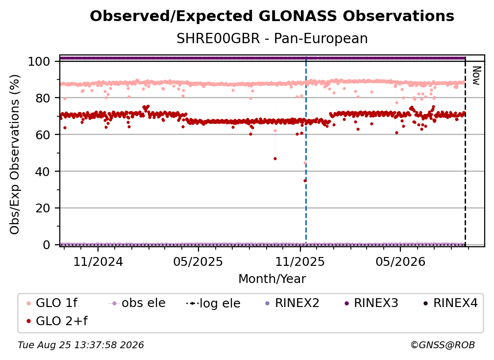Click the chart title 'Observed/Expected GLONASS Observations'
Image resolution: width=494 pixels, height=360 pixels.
(272, 16)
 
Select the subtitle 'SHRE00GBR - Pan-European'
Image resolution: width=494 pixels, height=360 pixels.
(272, 38)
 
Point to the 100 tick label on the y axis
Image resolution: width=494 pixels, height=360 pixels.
(39, 61)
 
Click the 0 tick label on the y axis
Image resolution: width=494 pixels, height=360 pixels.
(46, 245)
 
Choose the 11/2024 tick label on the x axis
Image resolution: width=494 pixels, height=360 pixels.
(98, 261)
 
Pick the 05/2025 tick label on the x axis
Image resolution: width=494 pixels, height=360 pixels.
(198, 261)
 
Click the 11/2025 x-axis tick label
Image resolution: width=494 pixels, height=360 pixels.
(300, 261)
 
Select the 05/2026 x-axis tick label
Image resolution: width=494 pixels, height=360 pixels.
(400, 261)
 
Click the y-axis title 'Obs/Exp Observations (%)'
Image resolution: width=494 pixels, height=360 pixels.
(15, 154)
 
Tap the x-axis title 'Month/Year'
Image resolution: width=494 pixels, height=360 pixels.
(272, 279)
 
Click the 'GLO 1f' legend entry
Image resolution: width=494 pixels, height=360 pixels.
(52, 303)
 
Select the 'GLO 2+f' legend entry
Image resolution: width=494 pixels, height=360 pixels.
(57, 321)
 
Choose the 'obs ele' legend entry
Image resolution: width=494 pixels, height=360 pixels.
(136, 303)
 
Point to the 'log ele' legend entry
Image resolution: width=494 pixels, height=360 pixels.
(213, 303)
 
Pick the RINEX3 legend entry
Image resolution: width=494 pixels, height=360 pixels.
(371, 303)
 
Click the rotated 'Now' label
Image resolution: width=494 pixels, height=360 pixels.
(476, 76)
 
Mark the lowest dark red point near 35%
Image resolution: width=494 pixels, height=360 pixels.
(305, 180)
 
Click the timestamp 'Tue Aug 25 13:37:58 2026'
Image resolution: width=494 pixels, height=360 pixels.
(81, 345)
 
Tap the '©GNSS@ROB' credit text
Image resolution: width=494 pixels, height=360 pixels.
(443, 345)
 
